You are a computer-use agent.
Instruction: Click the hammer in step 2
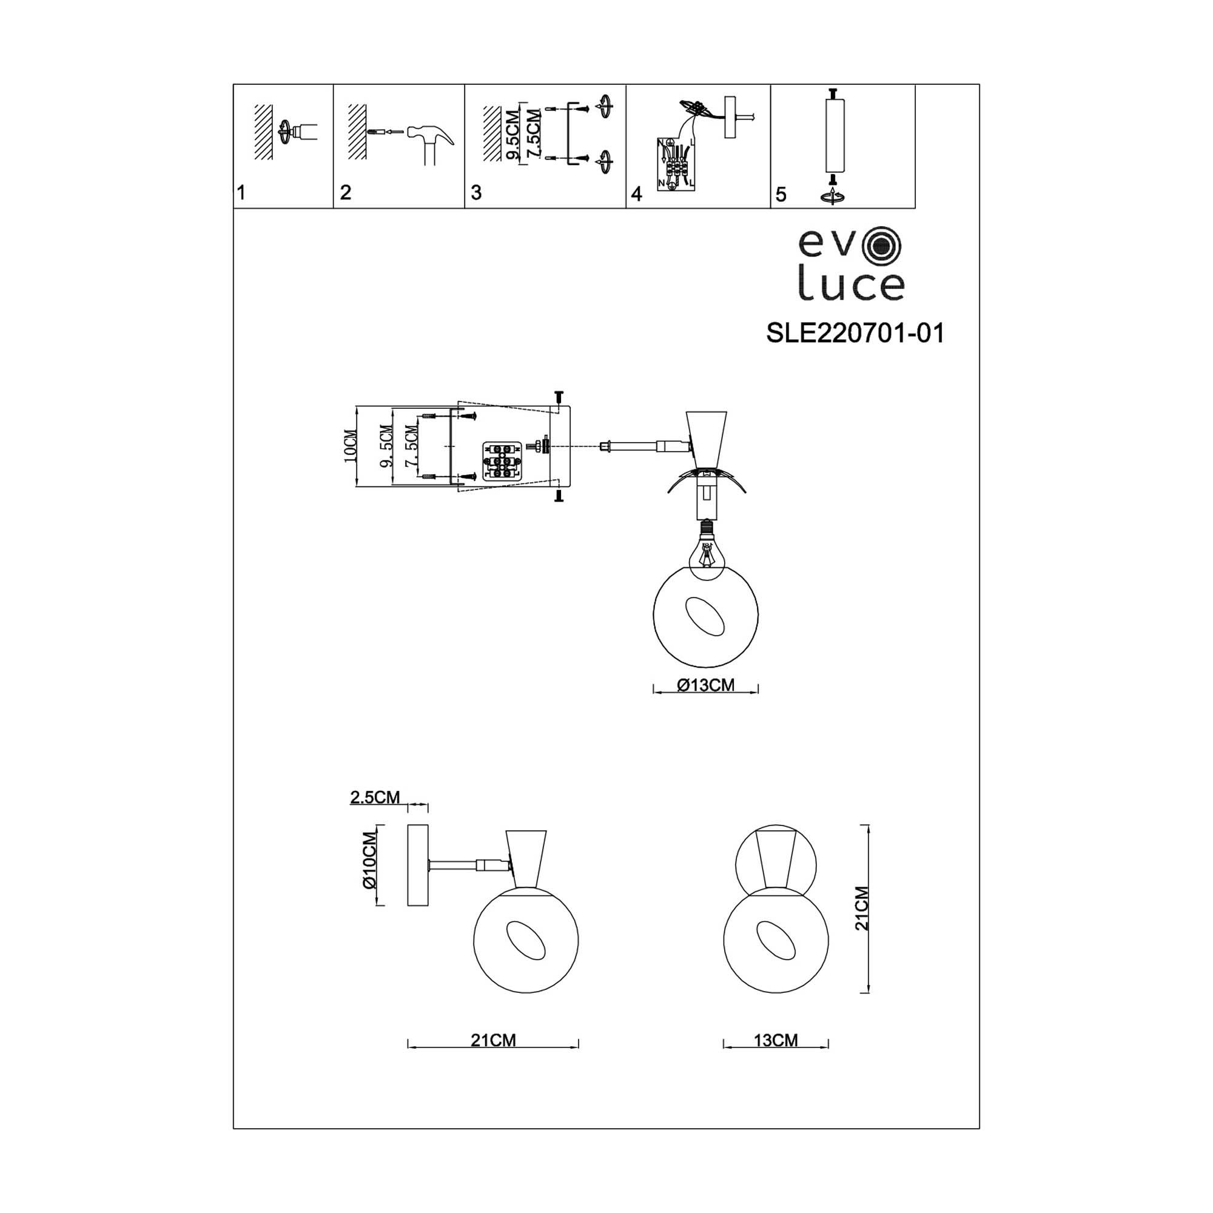(x=431, y=141)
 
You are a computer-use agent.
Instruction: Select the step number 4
(x=636, y=194)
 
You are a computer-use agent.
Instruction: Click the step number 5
(x=781, y=195)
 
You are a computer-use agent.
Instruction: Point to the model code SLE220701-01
(x=855, y=334)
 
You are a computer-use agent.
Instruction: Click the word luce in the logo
(x=851, y=286)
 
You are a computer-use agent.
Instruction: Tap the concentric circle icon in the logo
(x=882, y=246)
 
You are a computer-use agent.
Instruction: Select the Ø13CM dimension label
(x=706, y=685)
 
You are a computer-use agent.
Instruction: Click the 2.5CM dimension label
(x=375, y=798)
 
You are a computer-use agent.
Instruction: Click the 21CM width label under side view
(x=493, y=1040)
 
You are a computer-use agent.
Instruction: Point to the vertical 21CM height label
(x=862, y=908)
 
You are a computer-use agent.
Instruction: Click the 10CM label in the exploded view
(x=351, y=446)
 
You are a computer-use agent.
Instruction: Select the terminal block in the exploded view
(x=501, y=461)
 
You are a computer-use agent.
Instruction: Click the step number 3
(x=476, y=193)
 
